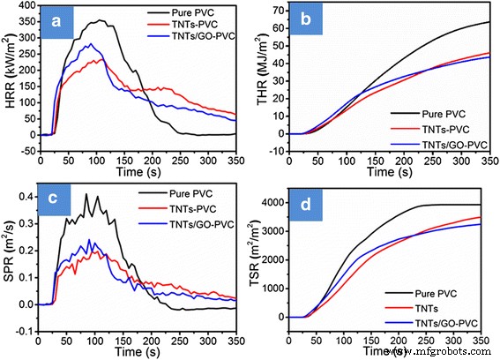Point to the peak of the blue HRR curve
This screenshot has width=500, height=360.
click(x=88, y=43)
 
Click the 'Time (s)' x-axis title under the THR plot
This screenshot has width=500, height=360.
click(x=390, y=164)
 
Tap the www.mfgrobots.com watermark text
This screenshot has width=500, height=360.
click(x=441, y=351)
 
